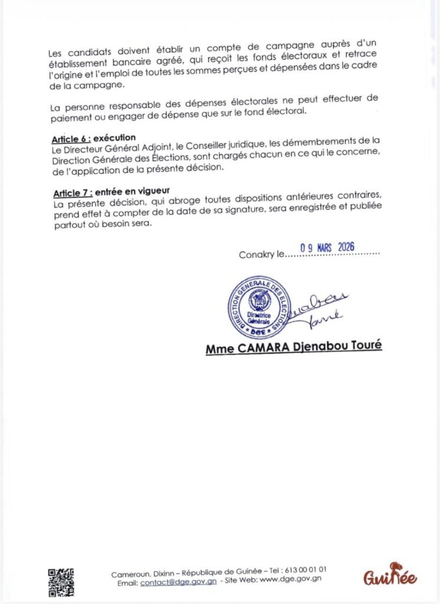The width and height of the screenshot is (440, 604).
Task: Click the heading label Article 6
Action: pyautogui.click(x=70, y=138)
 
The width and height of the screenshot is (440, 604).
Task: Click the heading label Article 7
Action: pyautogui.click(x=71, y=193)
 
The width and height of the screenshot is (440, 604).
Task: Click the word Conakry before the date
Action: pyautogui.click(x=257, y=255)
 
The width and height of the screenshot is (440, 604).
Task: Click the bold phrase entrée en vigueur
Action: pyautogui.click(x=132, y=193)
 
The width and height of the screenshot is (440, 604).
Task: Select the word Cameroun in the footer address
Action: pyautogui.click(x=129, y=574)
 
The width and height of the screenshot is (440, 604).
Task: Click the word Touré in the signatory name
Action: pyautogui.click(x=365, y=348)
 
